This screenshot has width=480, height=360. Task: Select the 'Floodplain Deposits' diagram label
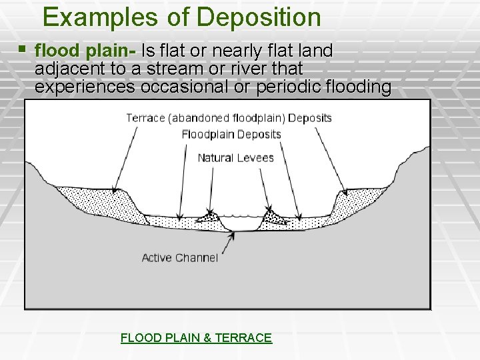tap(231, 135)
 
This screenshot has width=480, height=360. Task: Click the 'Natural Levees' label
tap(235, 158)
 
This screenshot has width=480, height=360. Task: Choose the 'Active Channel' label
tap(179, 257)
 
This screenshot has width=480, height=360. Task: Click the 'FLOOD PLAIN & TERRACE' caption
tap(196, 338)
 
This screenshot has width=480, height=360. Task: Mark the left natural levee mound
tap(209, 216)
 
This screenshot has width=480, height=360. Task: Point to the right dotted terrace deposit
tap(360, 198)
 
